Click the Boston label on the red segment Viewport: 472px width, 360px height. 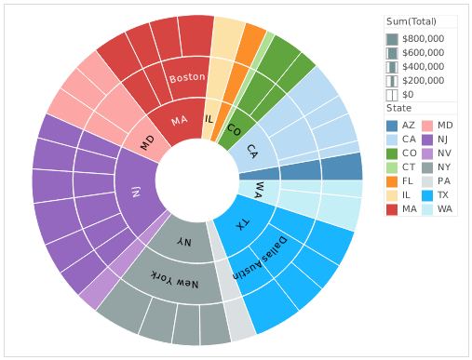187,78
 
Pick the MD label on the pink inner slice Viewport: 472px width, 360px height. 147,142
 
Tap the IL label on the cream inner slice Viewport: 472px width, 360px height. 209,118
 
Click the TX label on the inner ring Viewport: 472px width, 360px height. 241,226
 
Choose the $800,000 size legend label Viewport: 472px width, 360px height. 423,39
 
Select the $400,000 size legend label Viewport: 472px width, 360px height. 423,67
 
